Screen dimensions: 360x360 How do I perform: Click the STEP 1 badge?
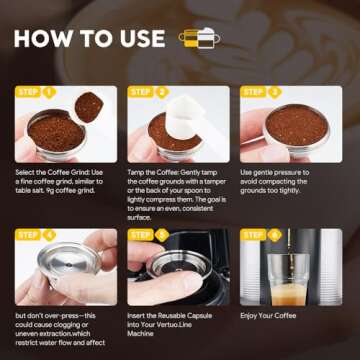point(36,93)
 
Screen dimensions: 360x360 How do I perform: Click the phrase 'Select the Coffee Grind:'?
point(55,172)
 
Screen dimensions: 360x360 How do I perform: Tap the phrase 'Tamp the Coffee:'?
point(156,172)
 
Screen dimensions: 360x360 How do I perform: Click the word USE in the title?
point(133,39)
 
